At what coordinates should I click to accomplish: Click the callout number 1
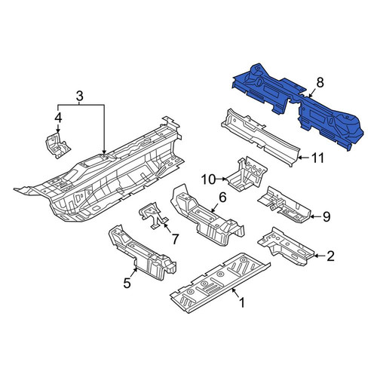pos(242,302)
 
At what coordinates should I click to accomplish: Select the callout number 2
pos(330,256)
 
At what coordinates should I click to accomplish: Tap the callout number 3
pos(79,96)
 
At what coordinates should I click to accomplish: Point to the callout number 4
pos(58,118)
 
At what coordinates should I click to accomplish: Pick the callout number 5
pos(127,284)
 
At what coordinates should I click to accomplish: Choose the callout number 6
pos(222,198)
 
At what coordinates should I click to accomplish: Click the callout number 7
pos(175,239)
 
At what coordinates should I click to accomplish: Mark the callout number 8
pos(320,82)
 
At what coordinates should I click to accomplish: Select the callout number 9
pos(326,216)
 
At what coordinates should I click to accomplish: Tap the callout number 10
pos(209,179)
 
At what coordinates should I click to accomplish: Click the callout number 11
pos(318,158)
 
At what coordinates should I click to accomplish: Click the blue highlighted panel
pos(296,106)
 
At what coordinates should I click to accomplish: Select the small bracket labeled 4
pos(57,146)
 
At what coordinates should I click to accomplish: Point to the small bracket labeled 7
pos(154,215)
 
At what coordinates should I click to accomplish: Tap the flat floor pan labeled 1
pos(220,283)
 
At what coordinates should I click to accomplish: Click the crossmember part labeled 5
pos(142,253)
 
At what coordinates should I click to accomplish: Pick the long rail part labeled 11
pos(261,137)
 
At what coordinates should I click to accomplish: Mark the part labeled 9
pos(284,205)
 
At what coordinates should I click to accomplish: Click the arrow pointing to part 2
pos(320,256)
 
